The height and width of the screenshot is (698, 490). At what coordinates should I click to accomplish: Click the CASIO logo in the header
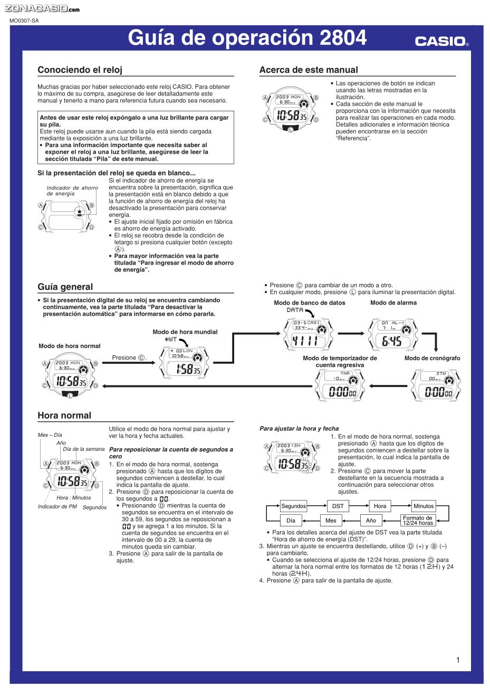pos(441,41)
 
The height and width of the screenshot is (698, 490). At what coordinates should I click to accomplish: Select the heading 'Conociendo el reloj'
pos(80,70)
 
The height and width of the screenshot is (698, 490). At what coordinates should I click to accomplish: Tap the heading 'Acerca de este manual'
pos(309,70)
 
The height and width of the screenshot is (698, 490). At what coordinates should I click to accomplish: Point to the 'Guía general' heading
pos(65,287)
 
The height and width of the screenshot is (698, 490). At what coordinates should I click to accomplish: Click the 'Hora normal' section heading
pos(64,416)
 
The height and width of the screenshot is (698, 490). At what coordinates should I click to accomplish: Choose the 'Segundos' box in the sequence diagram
pos(293,506)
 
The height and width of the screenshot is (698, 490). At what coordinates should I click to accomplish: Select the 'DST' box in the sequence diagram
pos(338,506)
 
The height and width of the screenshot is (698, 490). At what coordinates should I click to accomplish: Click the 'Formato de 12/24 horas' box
pos(418,521)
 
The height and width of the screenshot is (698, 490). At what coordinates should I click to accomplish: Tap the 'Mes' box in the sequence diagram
pos(331,521)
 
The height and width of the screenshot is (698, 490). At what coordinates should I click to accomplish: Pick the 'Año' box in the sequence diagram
pos(371,521)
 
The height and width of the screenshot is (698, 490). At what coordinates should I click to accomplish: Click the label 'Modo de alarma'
pos(393,303)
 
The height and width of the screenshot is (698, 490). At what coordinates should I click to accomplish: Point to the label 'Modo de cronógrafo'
pos(432,358)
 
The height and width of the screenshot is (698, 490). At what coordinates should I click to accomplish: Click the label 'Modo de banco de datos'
pos(310,303)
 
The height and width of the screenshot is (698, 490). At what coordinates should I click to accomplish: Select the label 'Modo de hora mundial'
pos(185,332)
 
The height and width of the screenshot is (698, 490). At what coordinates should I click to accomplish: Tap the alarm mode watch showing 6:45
pos(392,334)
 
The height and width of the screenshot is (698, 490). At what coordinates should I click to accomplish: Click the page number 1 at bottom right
pos(458,659)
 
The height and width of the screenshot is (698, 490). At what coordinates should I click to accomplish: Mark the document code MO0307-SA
pos(24,21)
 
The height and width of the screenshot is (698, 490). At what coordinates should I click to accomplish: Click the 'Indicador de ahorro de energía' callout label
pos(72,191)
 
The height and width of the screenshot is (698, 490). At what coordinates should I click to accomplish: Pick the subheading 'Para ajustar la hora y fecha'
pos(299,429)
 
